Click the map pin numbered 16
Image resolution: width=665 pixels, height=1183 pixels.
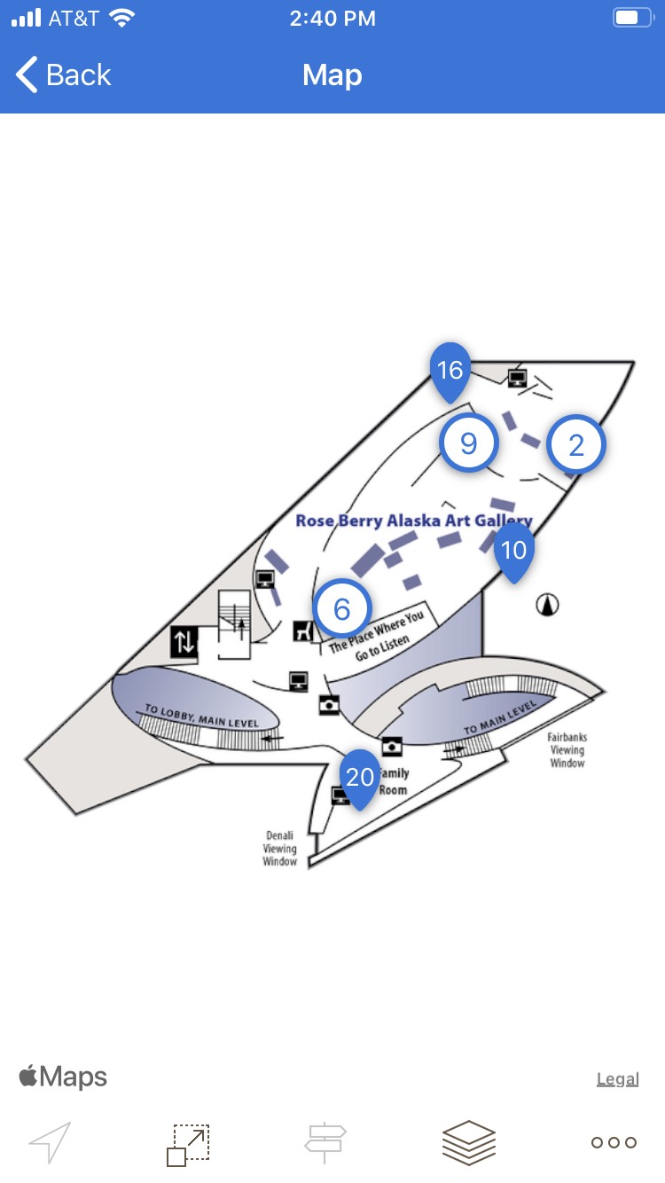pos(450,370)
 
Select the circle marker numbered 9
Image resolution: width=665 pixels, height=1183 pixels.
pos(469,443)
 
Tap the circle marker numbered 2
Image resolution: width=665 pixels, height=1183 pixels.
pos(576,445)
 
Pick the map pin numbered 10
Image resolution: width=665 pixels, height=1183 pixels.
pos(514,550)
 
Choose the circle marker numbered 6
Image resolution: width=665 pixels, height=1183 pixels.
pos(342,608)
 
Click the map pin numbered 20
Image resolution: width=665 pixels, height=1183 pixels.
pos(360,777)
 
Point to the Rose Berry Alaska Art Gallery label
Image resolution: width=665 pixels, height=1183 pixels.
pos(413,521)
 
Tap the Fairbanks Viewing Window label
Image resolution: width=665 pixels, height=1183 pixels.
pos(567,750)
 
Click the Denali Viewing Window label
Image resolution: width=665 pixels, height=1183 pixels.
pos(279,849)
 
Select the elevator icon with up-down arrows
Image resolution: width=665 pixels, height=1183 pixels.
pos(184,641)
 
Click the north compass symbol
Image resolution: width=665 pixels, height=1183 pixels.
pos(549,606)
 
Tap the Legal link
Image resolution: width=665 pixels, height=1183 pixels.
pos(618,1079)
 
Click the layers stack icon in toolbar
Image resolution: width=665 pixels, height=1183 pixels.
pos(469,1142)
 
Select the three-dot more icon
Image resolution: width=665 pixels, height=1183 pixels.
pos(614,1142)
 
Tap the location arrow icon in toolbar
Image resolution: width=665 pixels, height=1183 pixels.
pos(50,1142)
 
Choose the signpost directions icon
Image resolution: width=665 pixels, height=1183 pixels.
pos(325,1142)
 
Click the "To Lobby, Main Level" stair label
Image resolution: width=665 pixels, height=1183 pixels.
pos(201,717)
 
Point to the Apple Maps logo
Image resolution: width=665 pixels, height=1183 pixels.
pos(63,1077)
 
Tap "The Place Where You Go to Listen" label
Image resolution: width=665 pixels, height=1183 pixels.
pos(377,636)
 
